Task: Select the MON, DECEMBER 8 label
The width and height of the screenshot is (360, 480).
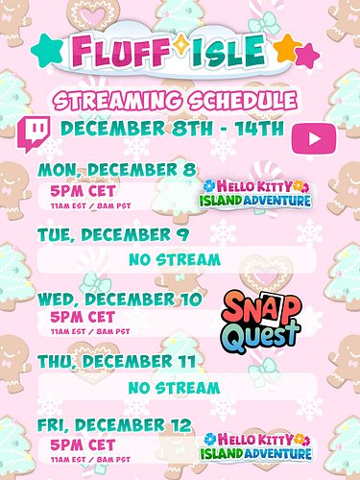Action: click(113, 171)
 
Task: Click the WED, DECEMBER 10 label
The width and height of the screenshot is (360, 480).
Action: click(119, 299)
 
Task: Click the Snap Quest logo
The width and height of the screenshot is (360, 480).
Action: click(262, 318)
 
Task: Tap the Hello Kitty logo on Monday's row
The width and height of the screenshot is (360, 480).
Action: click(255, 191)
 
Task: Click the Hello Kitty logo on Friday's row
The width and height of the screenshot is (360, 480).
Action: click(255, 447)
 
